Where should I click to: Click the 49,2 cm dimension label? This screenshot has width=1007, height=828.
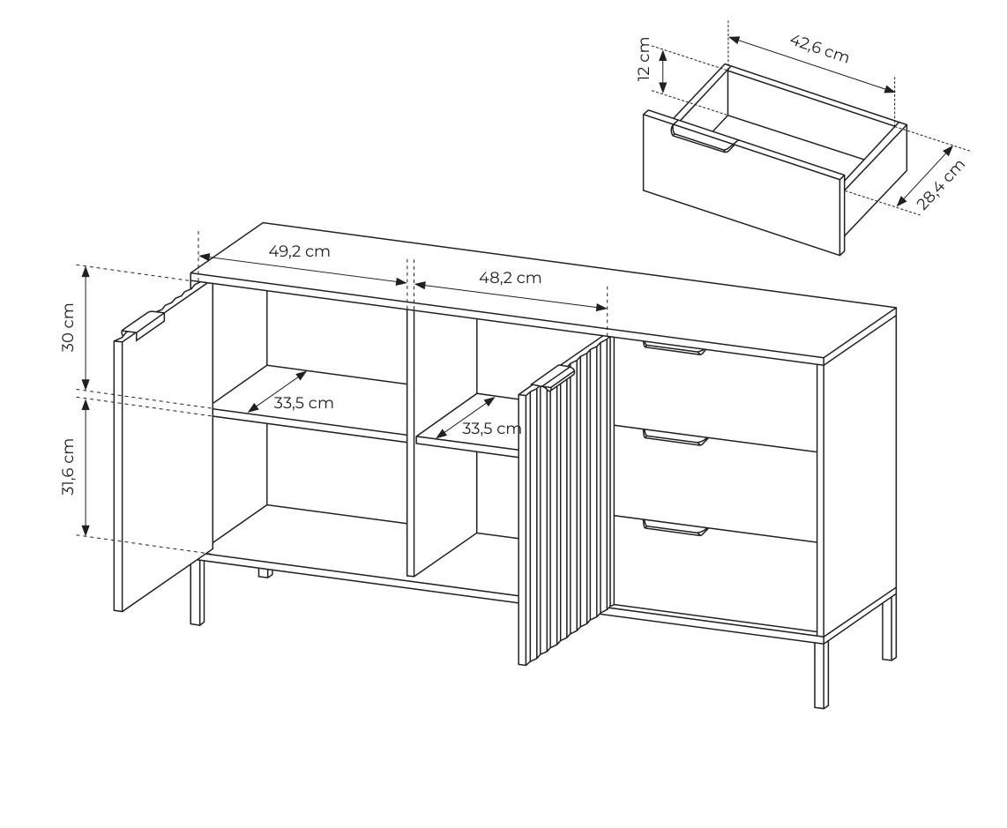[x=299, y=251]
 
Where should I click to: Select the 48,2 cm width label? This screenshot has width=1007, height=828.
[x=510, y=278]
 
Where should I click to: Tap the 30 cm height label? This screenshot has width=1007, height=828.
[x=68, y=327]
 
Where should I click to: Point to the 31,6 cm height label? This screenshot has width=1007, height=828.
[x=68, y=467]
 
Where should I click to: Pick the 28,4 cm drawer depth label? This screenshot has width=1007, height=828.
[x=940, y=184]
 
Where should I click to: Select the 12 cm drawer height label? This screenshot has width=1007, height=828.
[x=645, y=59]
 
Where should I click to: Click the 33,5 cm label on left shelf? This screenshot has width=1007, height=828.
[x=303, y=403]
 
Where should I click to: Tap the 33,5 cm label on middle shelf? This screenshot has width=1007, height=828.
[x=491, y=429]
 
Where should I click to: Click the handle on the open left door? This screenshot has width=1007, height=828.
[x=143, y=325]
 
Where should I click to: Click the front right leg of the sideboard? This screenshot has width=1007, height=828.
[x=821, y=675]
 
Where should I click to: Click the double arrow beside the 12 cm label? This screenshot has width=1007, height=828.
[x=664, y=71]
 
